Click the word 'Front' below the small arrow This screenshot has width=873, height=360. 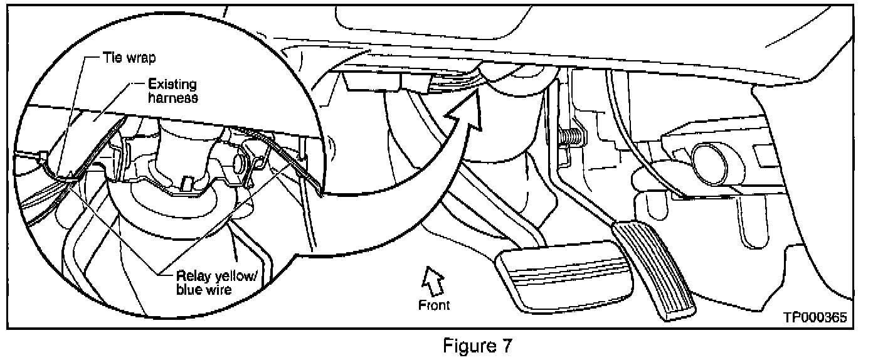point(434,305)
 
